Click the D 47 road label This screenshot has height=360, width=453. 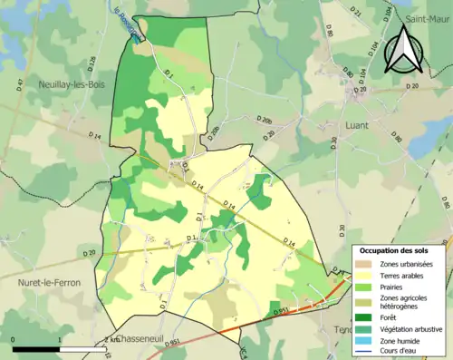[21, 87]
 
